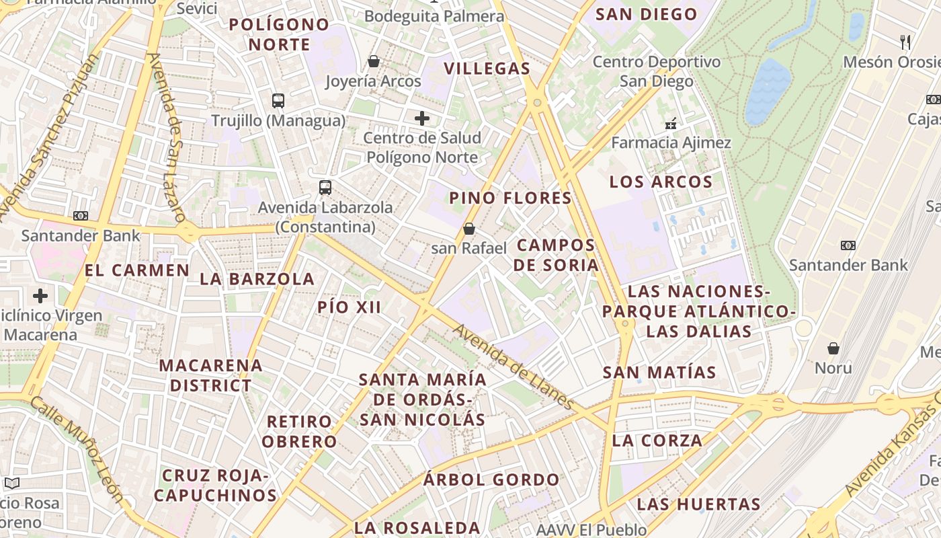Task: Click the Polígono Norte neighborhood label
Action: click(280, 35)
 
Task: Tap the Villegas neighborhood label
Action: click(487, 69)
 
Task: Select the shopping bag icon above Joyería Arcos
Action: click(374, 62)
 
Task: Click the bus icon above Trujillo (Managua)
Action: click(278, 101)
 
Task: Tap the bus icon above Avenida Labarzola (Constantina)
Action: click(325, 188)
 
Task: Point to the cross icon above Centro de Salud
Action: click(422, 119)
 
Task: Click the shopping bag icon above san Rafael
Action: click(469, 229)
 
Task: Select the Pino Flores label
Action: click(510, 198)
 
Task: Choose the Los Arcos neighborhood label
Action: click(661, 182)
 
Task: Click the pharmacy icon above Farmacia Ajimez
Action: click(670, 124)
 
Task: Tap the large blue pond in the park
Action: click(768, 91)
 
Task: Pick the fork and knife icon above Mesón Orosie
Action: click(906, 42)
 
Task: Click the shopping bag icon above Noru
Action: click(833, 348)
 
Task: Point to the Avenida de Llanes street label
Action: click(514, 367)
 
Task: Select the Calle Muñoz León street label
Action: click(78, 448)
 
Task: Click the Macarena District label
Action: click(210, 375)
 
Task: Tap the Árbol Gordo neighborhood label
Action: click(491, 480)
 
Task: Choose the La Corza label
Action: click(657, 441)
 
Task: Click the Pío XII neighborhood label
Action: click(350, 307)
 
